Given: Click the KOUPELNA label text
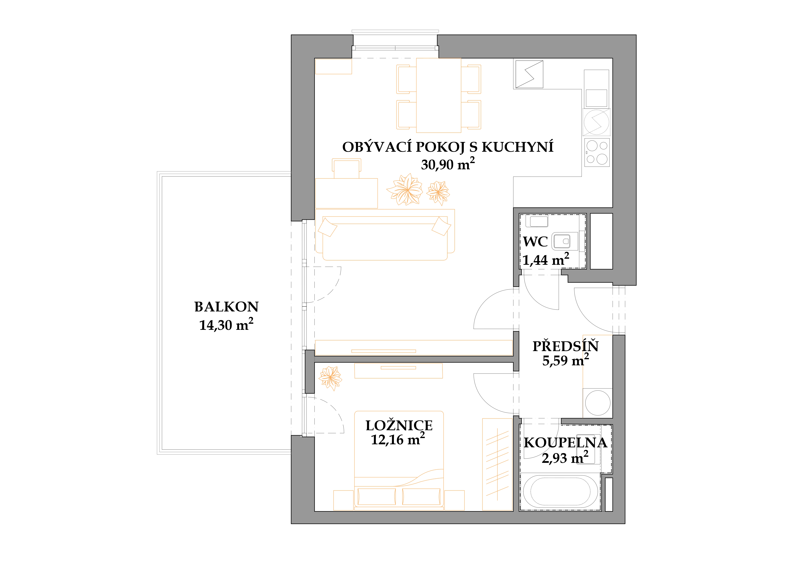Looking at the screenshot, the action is point(565,443).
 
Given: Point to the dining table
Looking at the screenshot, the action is point(439,95).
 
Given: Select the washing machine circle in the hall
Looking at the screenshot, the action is point(598,403).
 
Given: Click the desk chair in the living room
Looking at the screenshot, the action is point(347,168).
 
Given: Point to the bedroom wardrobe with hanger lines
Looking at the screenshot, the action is point(497,464).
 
